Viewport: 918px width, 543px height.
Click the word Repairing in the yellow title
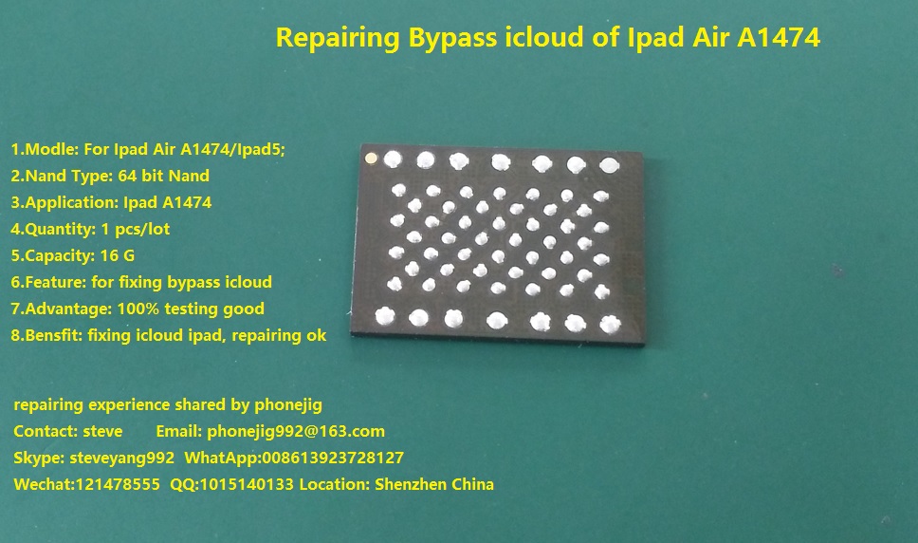pos(338,38)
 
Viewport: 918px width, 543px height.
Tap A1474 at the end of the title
pos(778,37)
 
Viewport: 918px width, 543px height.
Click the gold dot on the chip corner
pos(370,158)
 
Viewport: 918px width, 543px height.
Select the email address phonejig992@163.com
pos(296,432)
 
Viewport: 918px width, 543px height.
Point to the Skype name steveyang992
pos(121,459)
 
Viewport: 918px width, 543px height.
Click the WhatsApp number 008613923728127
pos(333,458)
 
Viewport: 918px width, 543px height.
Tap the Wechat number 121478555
pos(118,484)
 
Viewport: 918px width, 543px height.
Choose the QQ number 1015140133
pos(247,484)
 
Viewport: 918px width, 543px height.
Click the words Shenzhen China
pos(434,484)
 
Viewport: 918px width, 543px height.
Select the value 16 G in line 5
pos(117,255)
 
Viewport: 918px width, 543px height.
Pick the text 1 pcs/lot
pos(136,229)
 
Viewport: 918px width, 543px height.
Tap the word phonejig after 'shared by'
pos(288,405)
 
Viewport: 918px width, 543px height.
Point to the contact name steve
pos(103,432)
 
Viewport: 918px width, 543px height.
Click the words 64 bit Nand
pos(163,176)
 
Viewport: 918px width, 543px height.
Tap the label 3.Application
pos(64,202)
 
